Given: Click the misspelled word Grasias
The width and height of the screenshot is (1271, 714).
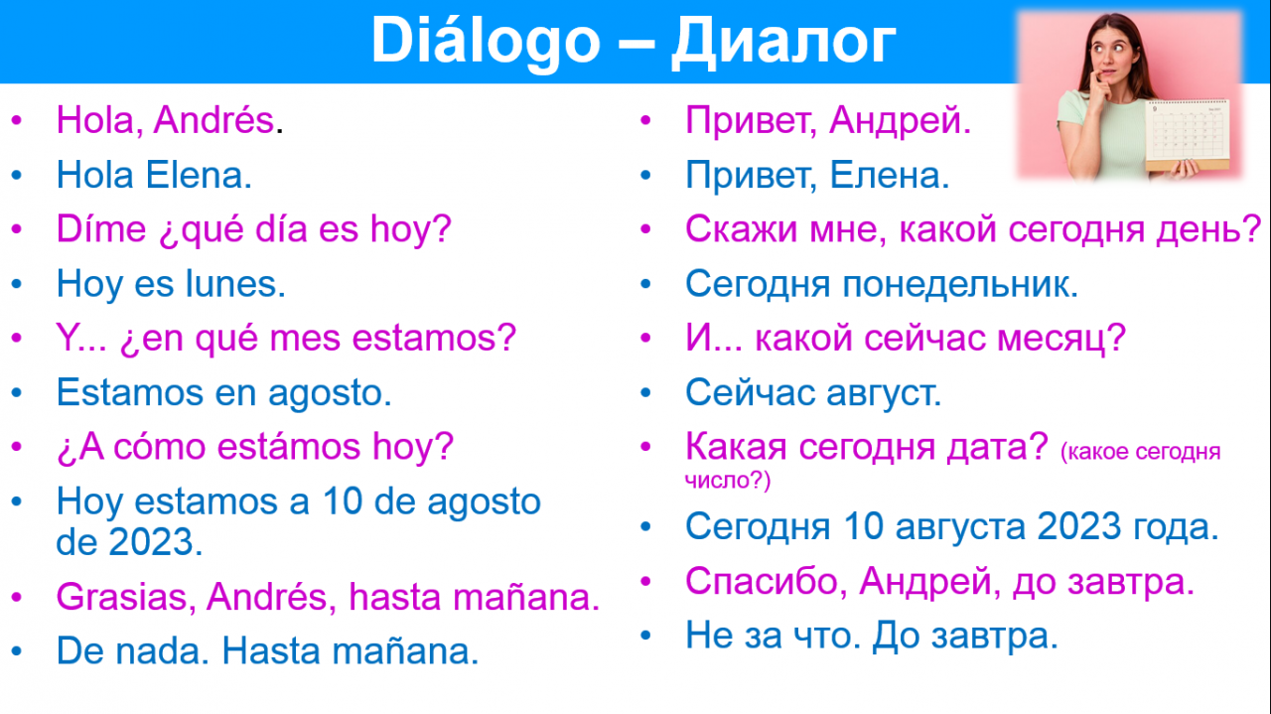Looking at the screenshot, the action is pos(121,597).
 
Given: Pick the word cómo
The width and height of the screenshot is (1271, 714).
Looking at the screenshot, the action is pos(159,446).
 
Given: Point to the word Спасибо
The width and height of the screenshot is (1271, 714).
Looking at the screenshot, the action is pos(762,581).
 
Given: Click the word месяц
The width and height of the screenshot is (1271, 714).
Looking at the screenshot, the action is pos(1054,339).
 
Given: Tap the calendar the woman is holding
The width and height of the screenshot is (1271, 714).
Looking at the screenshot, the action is pos(1187,135).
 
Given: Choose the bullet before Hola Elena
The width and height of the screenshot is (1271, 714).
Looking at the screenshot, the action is pos(17,175).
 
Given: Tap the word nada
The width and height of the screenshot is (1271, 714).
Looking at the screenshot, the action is pos(158,650).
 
